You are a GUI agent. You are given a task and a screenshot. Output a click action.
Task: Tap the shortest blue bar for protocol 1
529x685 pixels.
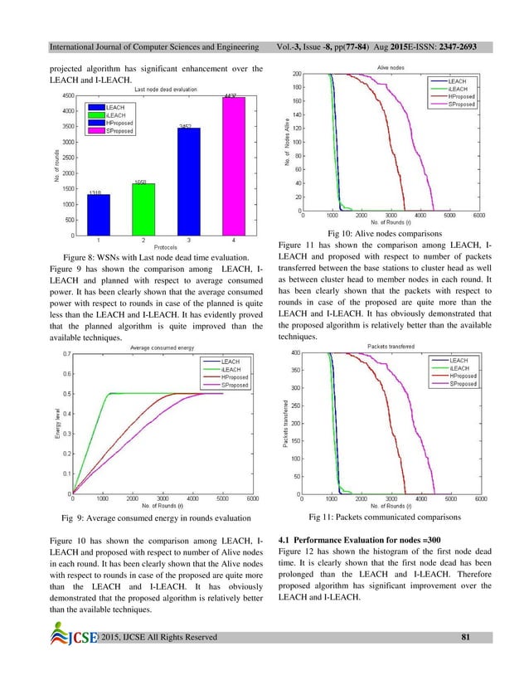tap(99, 215)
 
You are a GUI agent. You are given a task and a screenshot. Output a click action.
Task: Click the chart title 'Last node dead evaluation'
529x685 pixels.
tap(166, 89)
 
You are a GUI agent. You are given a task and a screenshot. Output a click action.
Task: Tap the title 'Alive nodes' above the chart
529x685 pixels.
tap(391, 66)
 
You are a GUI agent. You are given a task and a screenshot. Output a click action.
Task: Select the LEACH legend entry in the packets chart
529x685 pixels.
tap(459, 361)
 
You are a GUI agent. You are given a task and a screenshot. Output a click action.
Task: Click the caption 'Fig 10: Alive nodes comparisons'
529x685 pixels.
tap(386, 234)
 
